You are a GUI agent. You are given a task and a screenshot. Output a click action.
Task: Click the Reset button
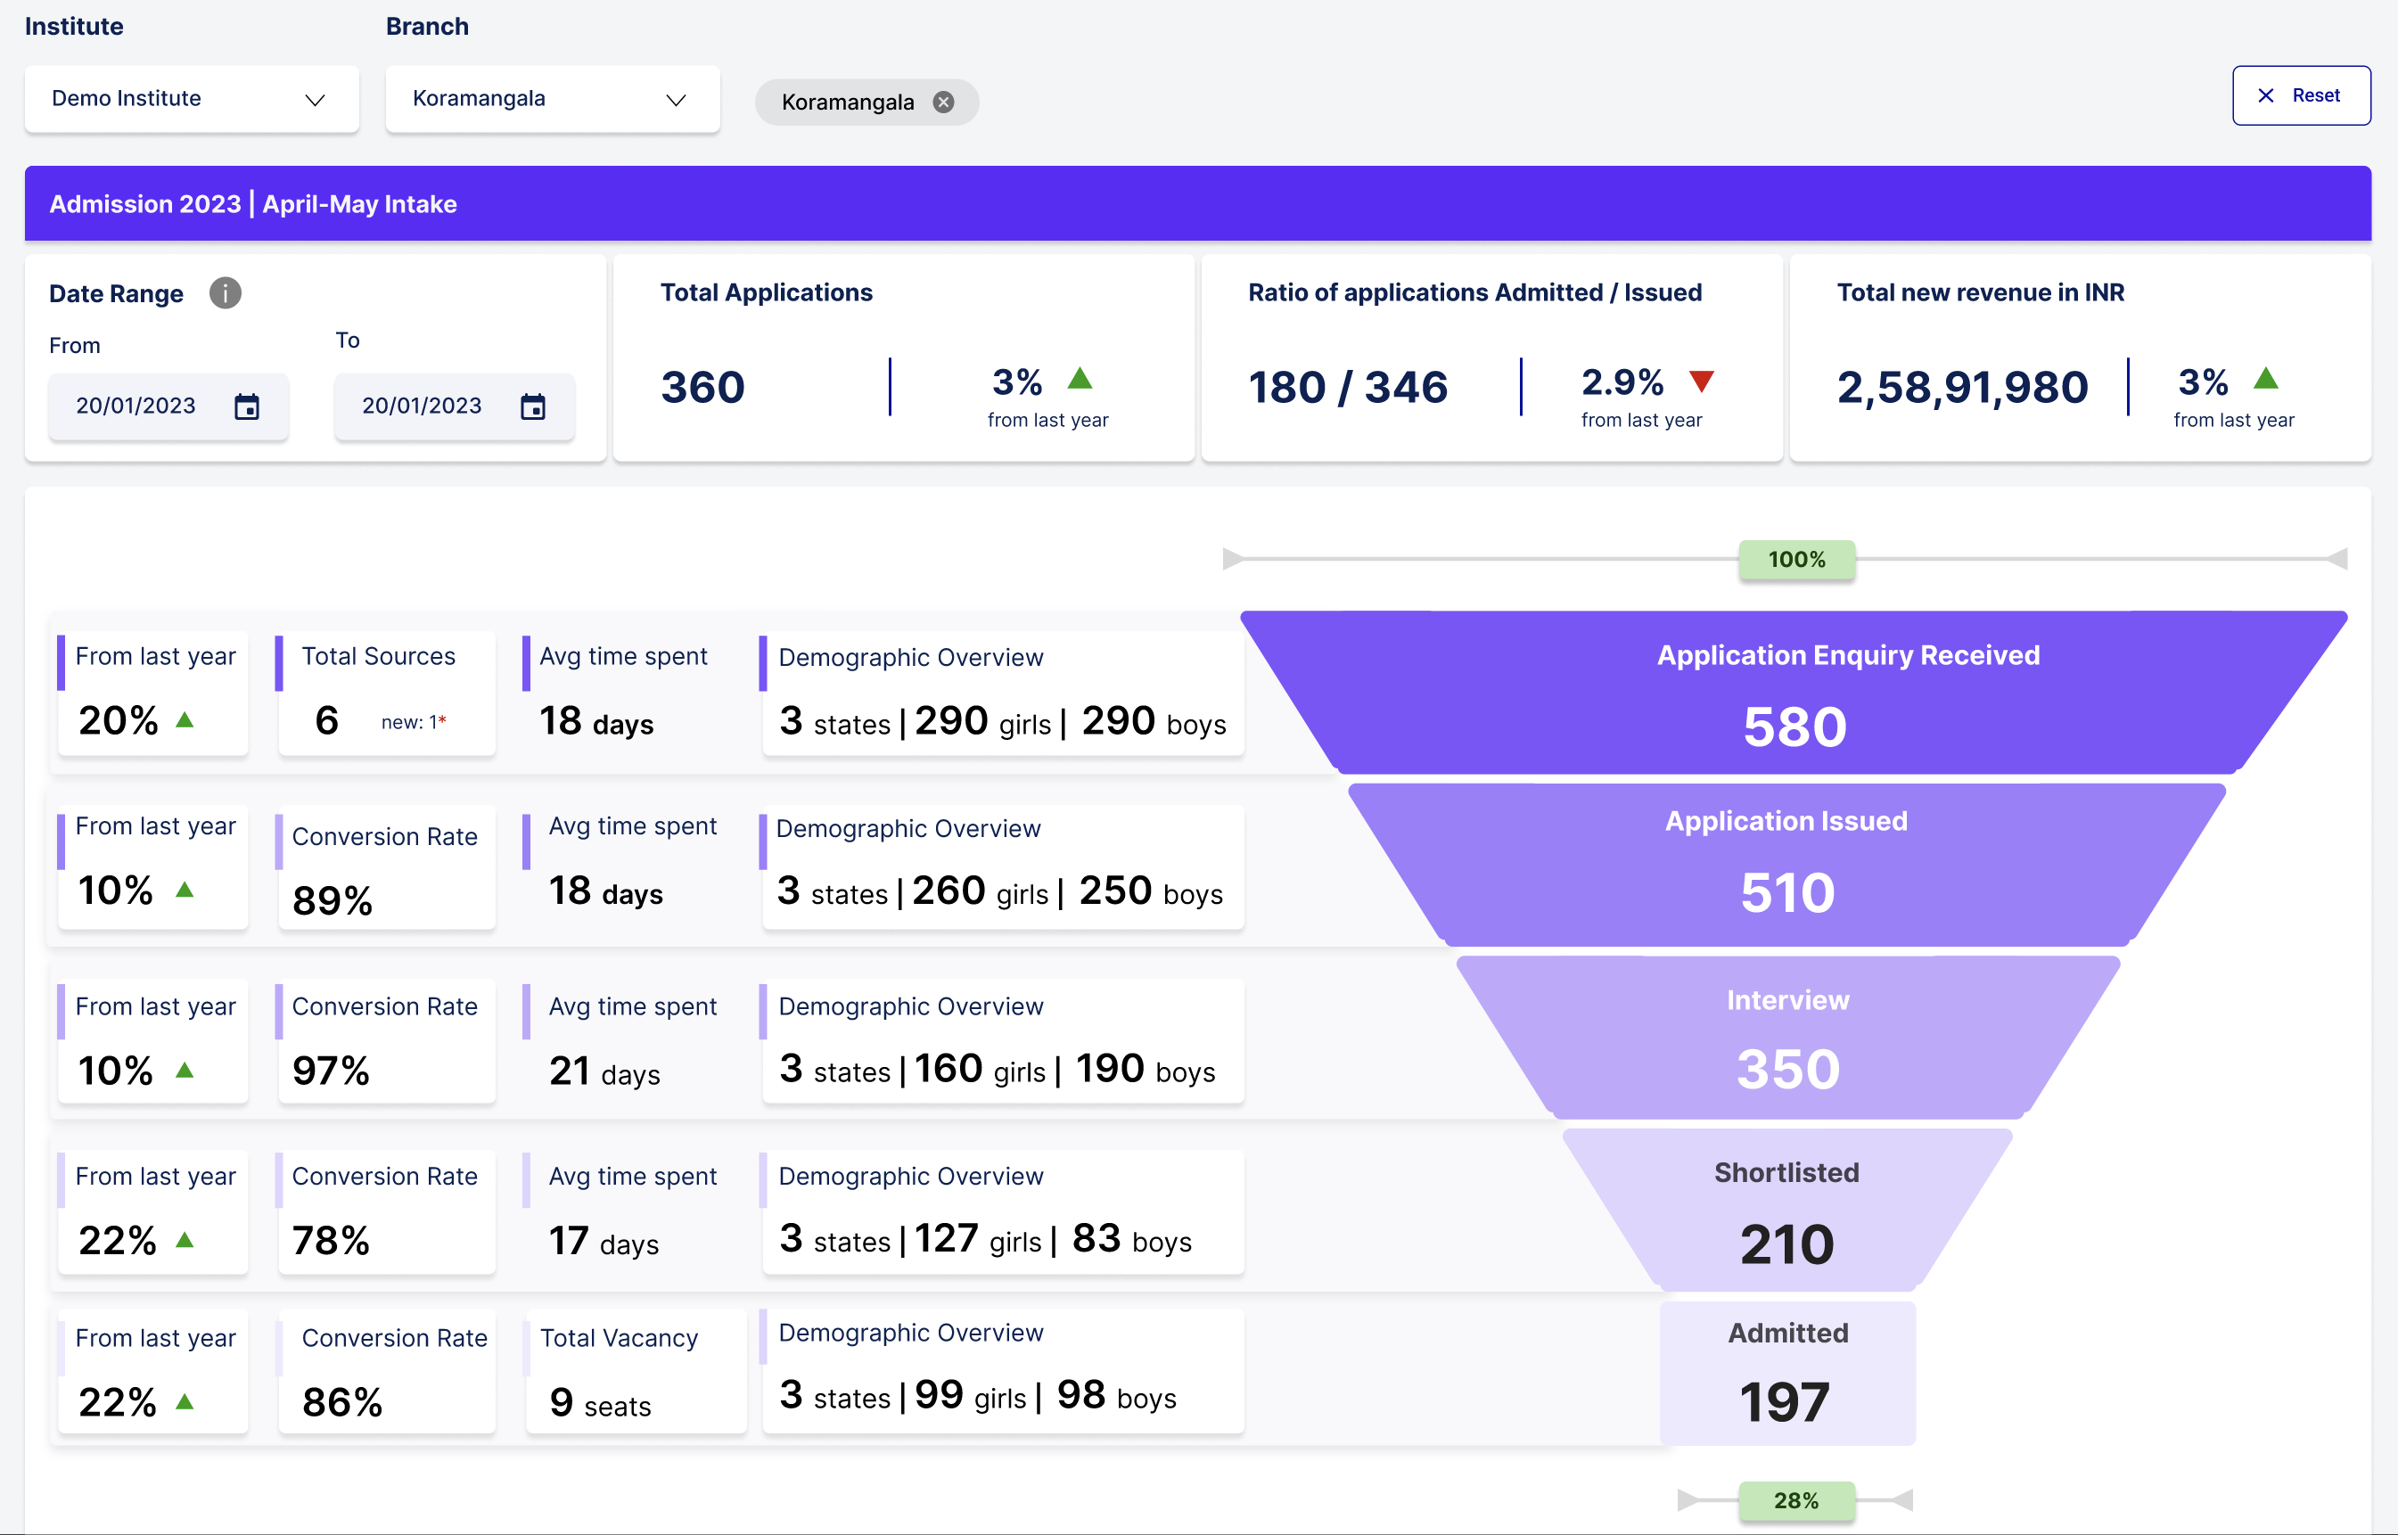pyautogui.click(x=2300, y=95)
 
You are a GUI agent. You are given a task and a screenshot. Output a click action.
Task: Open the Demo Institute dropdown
pyautogui.click(x=192, y=99)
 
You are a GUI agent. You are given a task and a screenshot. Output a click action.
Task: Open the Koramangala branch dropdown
pyautogui.click(x=552, y=99)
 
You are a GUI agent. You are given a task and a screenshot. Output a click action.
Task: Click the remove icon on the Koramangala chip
pyautogui.click(x=943, y=102)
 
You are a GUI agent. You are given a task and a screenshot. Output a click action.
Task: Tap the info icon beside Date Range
pyautogui.click(x=226, y=293)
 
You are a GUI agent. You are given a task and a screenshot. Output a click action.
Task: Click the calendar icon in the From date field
pyautogui.click(x=246, y=406)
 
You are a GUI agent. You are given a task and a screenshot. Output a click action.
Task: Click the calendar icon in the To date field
pyautogui.click(x=533, y=406)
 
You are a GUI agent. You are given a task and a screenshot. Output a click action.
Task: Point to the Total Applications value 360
pyautogui.click(x=702, y=387)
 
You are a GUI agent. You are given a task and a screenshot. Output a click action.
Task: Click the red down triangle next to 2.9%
pyautogui.click(x=1701, y=381)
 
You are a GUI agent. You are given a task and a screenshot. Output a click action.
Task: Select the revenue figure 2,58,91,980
pyautogui.click(x=1961, y=387)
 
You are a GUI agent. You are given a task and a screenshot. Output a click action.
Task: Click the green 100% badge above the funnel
pyautogui.click(x=1796, y=559)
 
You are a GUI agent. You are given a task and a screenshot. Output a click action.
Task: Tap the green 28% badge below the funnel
pyautogui.click(x=1796, y=1500)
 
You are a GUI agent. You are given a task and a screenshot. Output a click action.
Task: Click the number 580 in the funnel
pyautogui.click(x=1794, y=726)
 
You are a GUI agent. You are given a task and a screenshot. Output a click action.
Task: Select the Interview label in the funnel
pyautogui.click(x=1787, y=1000)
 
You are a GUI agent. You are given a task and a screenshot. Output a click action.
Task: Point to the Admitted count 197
pyautogui.click(x=1785, y=1401)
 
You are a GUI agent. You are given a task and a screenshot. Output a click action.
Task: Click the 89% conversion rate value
pyautogui.click(x=332, y=900)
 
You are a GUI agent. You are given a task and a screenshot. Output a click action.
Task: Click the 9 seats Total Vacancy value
pyautogui.click(x=600, y=1403)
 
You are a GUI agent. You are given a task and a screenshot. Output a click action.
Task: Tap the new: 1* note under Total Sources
pyautogui.click(x=413, y=722)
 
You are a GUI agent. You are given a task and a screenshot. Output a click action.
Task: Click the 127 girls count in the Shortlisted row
pyautogui.click(x=947, y=1239)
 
